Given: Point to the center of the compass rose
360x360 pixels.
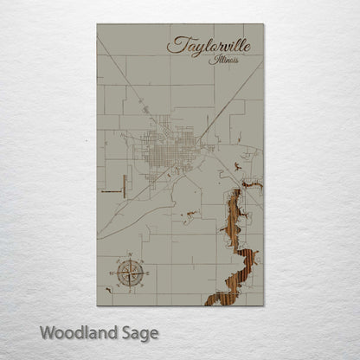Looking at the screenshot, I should pos(131,273).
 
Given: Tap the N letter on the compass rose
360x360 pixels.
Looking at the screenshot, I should pos(131,254).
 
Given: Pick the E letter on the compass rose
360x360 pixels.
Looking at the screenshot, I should pos(148,273).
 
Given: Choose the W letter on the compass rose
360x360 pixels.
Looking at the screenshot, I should pos(113,273).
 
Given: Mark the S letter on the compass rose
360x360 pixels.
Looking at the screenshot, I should pos(131,291).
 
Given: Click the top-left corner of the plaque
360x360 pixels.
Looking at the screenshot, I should pos(97,24).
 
